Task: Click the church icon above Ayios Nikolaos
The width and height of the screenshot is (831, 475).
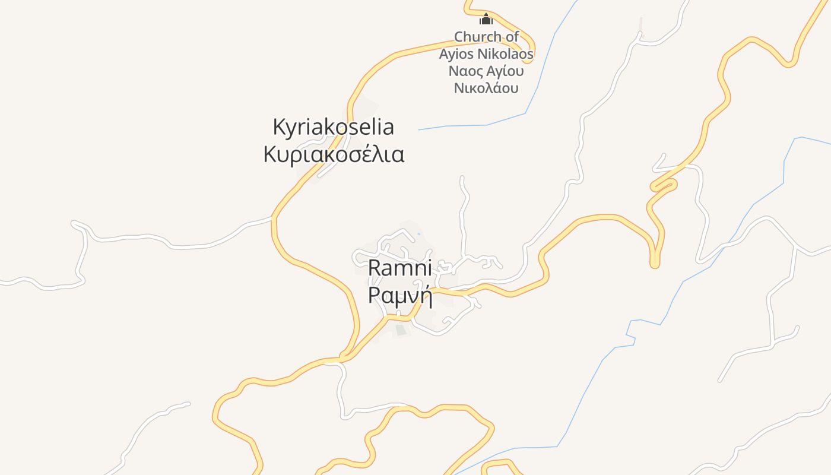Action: coord(486,19)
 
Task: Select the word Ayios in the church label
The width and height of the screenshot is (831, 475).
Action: coord(457,55)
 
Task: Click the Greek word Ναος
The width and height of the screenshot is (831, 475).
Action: coord(467,72)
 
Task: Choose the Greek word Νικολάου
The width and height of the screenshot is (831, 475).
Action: coord(486,88)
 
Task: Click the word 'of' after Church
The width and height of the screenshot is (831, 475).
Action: coord(512,37)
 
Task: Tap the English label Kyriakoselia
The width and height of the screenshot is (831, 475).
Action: coord(333,127)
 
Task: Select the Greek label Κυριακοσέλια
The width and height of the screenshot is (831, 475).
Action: coord(334,154)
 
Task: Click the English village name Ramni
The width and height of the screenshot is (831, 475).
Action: coord(399,267)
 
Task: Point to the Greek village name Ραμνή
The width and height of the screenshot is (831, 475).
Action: coord(399,294)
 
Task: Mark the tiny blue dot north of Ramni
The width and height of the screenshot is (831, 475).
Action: coord(418,234)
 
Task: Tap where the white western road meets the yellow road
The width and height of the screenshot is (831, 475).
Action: coord(272,219)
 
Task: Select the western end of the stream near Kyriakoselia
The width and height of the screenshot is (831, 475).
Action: coord(419,129)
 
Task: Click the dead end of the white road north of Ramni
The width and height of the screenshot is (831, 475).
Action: coord(462,177)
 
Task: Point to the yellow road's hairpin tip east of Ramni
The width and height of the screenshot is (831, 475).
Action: coord(655,265)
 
